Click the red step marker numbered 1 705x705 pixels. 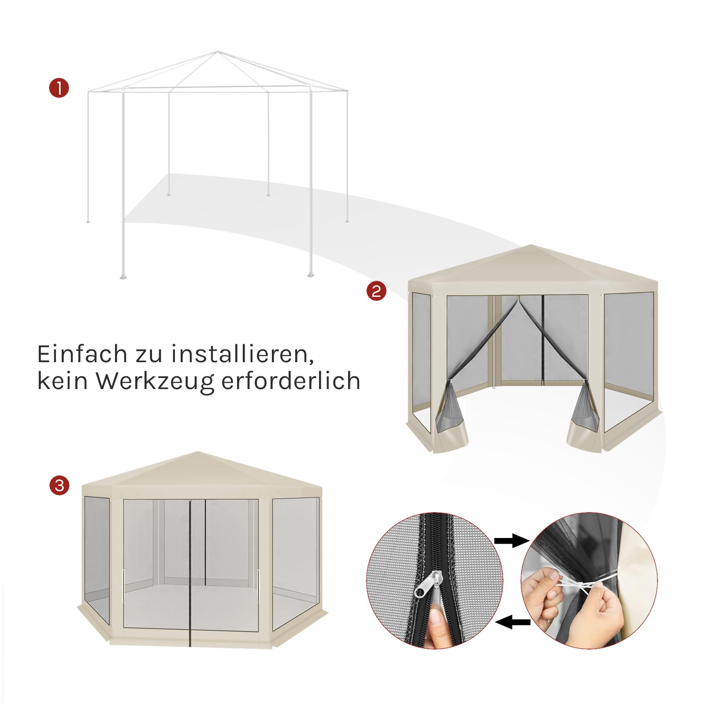pyautogui.click(x=59, y=88)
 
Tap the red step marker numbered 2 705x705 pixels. pyautogui.click(x=376, y=291)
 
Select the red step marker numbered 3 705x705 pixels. pyautogui.click(x=59, y=486)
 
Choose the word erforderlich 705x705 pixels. pyautogui.click(x=291, y=380)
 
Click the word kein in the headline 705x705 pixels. pyautogui.click(x=62, y=380)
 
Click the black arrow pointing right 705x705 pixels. pyautogui.click(x=511, y=541)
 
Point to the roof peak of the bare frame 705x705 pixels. pyautogui.click(x=217, y=52)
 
